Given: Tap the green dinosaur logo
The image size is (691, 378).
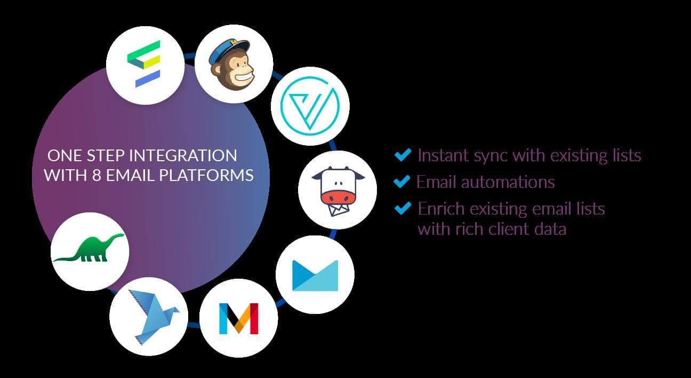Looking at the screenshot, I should coord(90,249).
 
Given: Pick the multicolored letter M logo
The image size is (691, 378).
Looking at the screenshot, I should coord(238,318).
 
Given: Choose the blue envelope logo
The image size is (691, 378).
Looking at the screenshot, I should coord(315,275).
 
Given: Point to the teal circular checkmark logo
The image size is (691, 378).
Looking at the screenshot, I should coord(310,105).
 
